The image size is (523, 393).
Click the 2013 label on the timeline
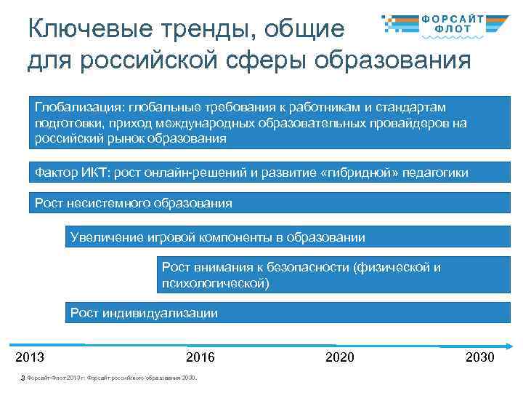pos(30,357)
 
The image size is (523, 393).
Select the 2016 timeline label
pos(200,357)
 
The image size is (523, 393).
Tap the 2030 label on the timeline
pos(479,357)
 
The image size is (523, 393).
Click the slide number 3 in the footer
pos(23,377)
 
